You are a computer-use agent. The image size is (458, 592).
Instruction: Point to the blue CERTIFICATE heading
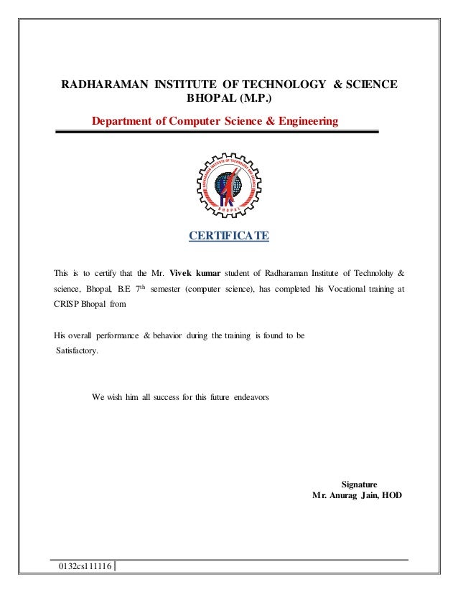(x=228, y=235)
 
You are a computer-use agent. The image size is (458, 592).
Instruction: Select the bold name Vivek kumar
(x=195, y=272)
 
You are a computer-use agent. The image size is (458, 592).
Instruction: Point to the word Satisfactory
(x=79, y=352)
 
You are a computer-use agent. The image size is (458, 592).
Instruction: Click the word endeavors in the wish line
(x=251, y=396)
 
